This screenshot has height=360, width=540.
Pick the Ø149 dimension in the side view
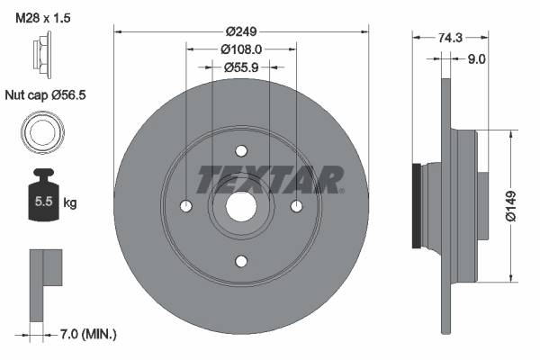(x=509, y=206)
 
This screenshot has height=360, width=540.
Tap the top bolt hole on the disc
(x=241, y=151)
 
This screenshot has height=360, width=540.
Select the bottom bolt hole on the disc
(x=241, y=261)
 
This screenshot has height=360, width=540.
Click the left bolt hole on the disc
(x=186, y=206)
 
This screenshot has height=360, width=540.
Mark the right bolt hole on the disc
(x=297, y=206)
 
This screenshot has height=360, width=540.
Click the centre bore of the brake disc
(x=241, y=206)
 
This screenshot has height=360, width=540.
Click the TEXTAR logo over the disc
(x=270, y=178)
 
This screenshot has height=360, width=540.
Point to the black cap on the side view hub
(x=416, y=206)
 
